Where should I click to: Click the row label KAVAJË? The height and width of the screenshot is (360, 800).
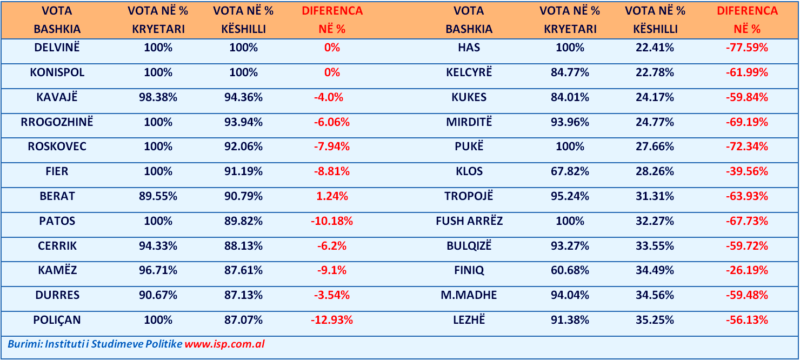coord(57,97)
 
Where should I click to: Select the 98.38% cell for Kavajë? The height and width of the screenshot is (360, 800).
coord(158,97)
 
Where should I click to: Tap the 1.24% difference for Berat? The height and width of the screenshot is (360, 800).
coord(332,196)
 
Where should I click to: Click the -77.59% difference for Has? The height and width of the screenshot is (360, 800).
coord(746,48)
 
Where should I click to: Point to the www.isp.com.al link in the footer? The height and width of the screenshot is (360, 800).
coord(224,344)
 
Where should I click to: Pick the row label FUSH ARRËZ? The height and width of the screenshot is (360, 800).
coord(469,221)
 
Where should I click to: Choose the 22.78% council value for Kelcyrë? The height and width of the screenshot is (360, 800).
coord(655,72)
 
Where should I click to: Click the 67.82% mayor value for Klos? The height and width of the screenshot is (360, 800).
coord(570,171)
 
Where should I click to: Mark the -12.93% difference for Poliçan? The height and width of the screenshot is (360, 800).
coord(332,320)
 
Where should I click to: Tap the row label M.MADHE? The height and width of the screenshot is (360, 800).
coord(469,295)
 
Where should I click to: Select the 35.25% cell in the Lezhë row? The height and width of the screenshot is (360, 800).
coord(655,320)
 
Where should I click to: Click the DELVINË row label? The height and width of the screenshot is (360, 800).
coord(57,48)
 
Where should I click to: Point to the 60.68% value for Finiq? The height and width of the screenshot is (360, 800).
coord(570,270)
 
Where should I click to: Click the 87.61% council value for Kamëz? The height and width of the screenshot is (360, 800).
coord(243,270)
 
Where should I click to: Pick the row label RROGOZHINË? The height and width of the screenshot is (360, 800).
coord(57,122)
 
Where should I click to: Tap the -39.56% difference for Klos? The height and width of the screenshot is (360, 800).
coord(746,171)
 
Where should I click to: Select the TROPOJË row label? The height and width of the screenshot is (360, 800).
coord(469,196)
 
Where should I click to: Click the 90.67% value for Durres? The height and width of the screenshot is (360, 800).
coord(158,295)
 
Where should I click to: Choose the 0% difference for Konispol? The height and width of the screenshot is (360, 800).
coord(332,72)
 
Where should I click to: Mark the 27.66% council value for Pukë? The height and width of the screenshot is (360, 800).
coord(655,146)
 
